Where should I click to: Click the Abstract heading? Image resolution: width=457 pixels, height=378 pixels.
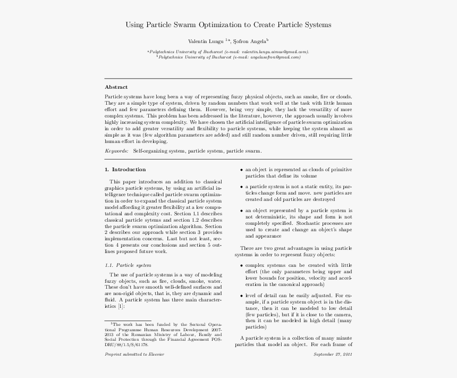click(x=116, y=87)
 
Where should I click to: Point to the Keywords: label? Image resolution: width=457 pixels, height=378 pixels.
click(x=116, y=152)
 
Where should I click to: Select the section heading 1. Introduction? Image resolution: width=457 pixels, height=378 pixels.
click(x=125, y=170)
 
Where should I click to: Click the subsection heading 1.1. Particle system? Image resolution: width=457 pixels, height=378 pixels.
click(x=128, y=265)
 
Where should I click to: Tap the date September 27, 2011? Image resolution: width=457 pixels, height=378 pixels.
click(x=333, y=354)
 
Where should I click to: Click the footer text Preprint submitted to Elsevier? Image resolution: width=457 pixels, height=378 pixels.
click(x=134, y=354)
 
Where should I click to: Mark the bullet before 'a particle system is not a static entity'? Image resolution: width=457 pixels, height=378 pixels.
click(x=242, y=187)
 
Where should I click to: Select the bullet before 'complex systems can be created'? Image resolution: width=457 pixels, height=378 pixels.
click(x=242, y=265)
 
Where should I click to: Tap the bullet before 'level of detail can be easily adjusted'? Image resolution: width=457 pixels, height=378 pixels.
click(x=242, y=296)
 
